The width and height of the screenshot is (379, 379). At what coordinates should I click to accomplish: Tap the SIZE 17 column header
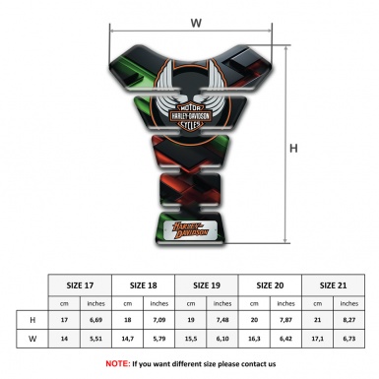(81, 283)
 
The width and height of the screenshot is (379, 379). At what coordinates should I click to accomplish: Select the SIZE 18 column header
(144, 283)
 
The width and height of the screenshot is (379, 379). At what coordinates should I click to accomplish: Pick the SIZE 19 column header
(207, 283)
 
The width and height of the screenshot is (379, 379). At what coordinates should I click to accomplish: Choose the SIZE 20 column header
(270, 283)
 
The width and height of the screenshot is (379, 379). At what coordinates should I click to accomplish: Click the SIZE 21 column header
(332, 283)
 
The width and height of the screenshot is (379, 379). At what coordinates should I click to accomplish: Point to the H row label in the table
(32, 320)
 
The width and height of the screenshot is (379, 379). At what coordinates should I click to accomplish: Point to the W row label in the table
(32, 339)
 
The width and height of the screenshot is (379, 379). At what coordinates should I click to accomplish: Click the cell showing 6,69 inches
(96, 320)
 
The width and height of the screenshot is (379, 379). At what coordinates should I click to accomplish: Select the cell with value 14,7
(128, 339)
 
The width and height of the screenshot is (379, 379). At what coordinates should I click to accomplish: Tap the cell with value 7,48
(222, 320)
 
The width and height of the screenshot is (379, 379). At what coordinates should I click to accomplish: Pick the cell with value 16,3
(254, 339)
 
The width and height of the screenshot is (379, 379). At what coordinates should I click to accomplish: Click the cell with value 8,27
(347, 320)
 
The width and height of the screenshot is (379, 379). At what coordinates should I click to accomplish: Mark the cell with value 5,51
(96, 339)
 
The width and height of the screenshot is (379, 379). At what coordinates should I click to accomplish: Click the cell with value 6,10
(222, 339)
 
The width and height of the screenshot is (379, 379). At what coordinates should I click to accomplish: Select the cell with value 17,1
(316, 339)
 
